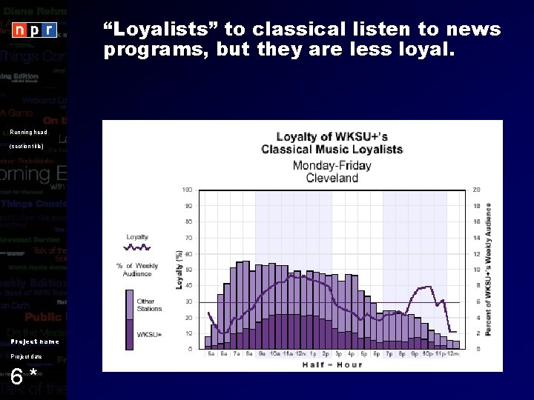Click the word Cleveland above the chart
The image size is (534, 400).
[332, 178]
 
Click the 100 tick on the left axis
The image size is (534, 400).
[188, 190]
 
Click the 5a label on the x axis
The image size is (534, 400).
[211, 354]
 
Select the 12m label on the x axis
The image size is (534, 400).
[453, 354]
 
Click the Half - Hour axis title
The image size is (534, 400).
[332, 364]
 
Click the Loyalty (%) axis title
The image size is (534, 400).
[179, 269]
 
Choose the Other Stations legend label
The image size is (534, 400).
[145, 304]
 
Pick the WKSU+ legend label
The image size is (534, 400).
[147, 334]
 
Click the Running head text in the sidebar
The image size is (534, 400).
[28, 133]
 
